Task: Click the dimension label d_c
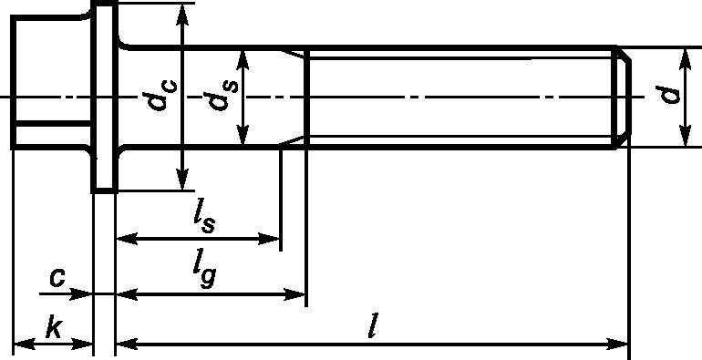click(162, 96)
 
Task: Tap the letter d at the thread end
click(670, 96)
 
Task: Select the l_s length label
click(204, 220)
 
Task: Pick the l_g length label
click(204, 273)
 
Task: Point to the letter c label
click(57, 277)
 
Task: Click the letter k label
click(53, 328)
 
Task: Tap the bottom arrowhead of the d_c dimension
click(181, 180)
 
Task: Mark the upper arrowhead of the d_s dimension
click(243, 61)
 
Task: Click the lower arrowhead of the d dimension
click(685, 135)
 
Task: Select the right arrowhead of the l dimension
click(617, 345)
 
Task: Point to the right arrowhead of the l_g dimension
click(294, 294)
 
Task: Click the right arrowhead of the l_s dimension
click(269, 238)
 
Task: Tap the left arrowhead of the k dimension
click(25, 345)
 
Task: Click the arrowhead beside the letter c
click(81, 294)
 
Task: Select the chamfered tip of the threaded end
click(625, 97)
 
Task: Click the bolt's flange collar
click(105, 97)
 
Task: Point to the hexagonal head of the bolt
click(51, 82)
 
